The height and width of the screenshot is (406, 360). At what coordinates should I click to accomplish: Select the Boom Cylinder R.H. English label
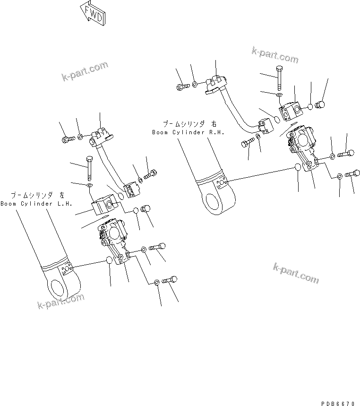point(184,132)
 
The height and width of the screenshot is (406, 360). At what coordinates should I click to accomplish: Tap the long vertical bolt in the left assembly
point(89,168)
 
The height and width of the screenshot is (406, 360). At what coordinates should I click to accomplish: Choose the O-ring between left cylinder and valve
point(109,261)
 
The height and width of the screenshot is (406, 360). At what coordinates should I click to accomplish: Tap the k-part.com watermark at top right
point(275,56)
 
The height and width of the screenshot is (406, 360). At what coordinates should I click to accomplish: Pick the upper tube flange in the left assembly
point(102,137)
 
